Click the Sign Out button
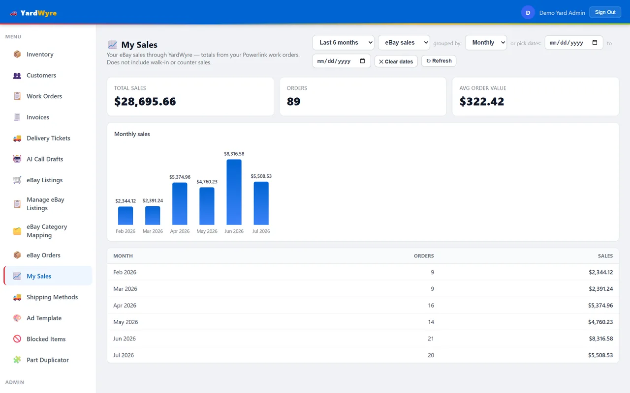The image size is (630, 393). tap(605, 12)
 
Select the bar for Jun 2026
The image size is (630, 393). tap(234, 192)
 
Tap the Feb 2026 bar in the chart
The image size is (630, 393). tap(126, 216)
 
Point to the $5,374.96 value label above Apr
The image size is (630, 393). tap(180, 177)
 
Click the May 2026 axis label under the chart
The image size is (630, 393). tap(207, 231)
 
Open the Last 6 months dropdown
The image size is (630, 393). tap(343, 43)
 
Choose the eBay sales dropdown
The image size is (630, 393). tap(404, 43)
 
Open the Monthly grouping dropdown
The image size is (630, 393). tap(486, 43)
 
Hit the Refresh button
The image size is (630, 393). tap(439, 61)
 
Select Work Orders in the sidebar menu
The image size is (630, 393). tap(44, 96)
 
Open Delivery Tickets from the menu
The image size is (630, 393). tap(48, 138)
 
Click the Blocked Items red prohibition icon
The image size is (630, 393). tap(17, 339)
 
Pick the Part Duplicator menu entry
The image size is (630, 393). tap(48, 360)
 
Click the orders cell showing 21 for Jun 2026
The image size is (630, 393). tap(431, 338)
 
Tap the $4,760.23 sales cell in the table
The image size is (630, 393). tap(600, 322)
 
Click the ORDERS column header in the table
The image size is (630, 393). tap(424, 256)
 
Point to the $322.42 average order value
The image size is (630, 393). tap(482, 101)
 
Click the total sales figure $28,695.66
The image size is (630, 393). tap(145, 101)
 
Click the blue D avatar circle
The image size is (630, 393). tap(528, 13)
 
